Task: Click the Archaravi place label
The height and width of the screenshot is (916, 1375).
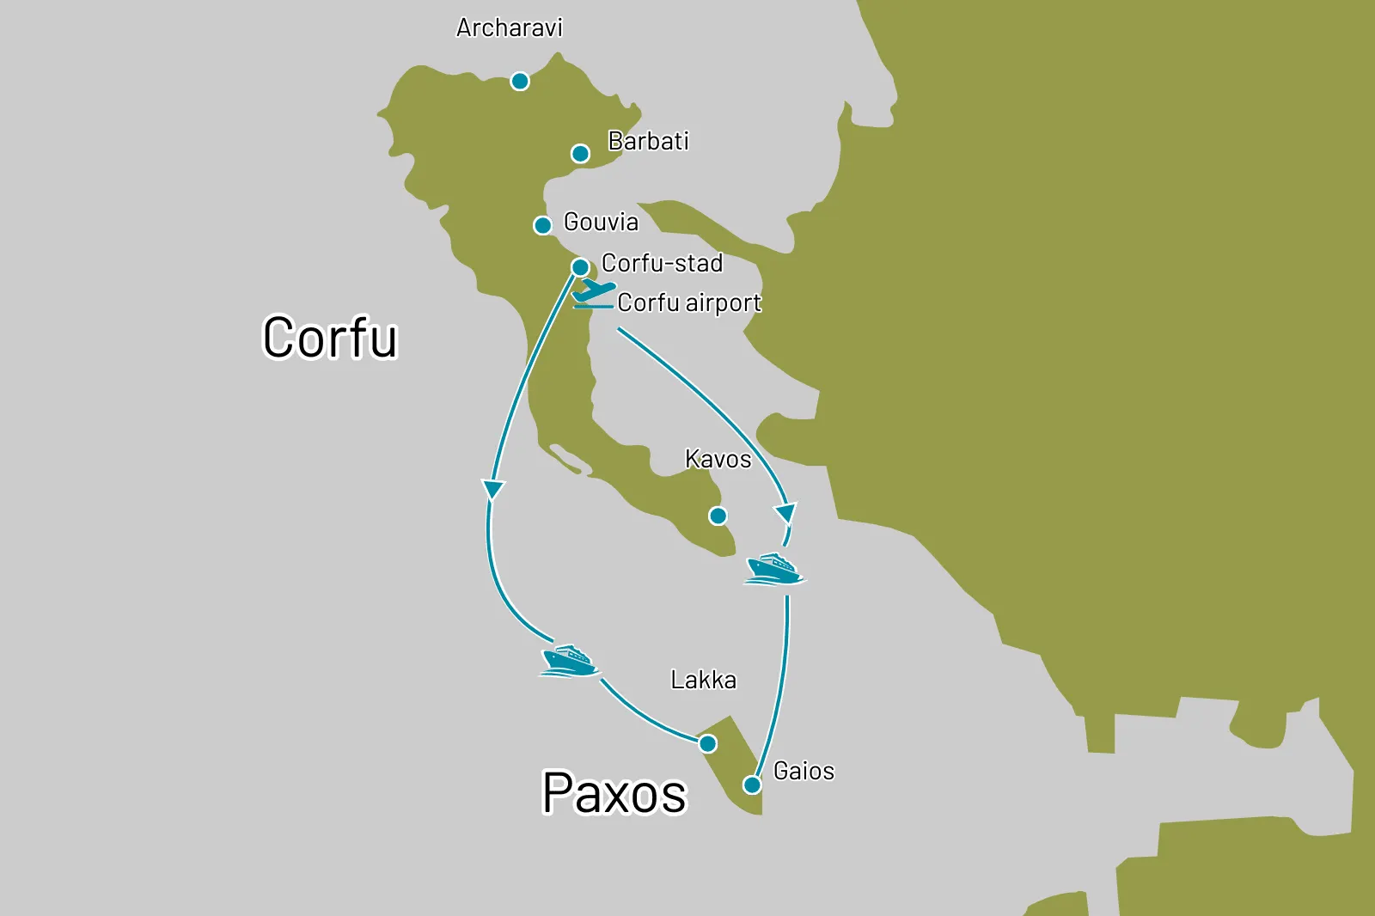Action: (x=509, y=28)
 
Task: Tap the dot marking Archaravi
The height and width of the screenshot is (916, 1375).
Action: (x=520, y=82)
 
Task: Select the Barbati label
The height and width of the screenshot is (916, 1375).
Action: (x=648, y=141)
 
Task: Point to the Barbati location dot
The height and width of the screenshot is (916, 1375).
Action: (x=581, y=154)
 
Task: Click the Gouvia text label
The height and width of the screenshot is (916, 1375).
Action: (x=601, y=223)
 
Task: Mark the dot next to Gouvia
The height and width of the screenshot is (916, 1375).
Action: (x=542, y=226)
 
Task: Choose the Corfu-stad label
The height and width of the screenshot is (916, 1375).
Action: (x=662, y=263)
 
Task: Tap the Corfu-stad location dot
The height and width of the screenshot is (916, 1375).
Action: (x=580, y=267)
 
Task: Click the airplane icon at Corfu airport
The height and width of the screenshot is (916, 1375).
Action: (x=593, y=291)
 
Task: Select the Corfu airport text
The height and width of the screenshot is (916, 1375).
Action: (x=689, y=303)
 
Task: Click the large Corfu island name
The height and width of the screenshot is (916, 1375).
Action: (x=330, y=338)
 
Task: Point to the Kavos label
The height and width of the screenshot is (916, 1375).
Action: (x=718, y=460)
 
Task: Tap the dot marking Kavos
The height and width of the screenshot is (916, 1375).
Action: (x=718, y=516)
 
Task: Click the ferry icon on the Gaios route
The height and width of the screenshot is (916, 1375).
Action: (x=774, y=569)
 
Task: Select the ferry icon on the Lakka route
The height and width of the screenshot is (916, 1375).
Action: (x=569, y=661)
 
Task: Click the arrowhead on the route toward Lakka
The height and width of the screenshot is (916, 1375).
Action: (x=493, y=490)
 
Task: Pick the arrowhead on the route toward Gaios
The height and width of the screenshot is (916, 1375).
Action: (x=785, y=514)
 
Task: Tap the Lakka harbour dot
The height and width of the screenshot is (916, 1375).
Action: (x=707, y=743)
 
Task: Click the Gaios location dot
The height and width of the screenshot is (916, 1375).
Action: (x=752, y=785)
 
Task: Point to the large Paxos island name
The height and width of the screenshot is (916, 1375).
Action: (x=614, y=793)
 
